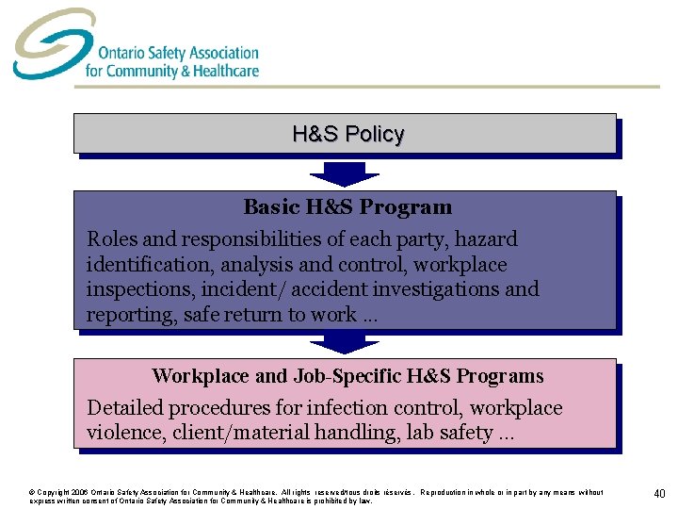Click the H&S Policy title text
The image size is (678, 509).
[x=347, y=134]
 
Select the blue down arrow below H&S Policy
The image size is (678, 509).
[x=344, y=172]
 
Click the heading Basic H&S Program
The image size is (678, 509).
[x=347, y=207]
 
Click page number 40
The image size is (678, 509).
[x=658, y=493]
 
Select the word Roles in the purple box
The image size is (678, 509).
[x=111, y=239]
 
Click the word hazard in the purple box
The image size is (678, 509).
[x=481, y=239]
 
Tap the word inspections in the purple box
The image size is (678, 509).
[x=137, y=289]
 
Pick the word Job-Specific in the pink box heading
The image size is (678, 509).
[x=348, y=376]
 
